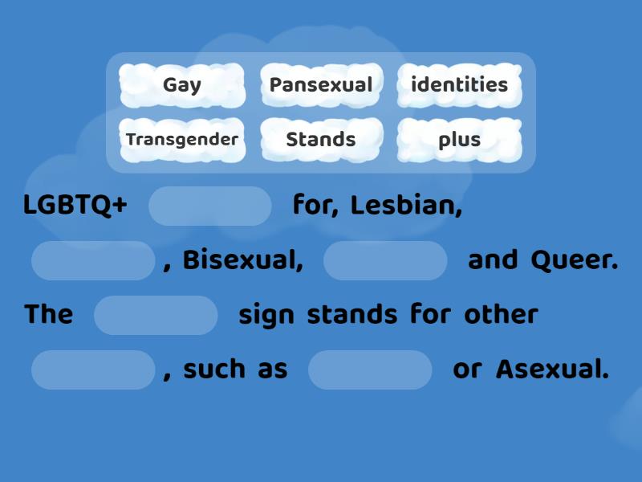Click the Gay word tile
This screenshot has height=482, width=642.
tap(182, 85)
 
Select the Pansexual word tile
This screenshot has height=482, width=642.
tap(321, 85)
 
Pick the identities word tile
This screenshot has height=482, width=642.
tap(459, 85)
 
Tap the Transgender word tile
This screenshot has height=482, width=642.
tap(182, 140)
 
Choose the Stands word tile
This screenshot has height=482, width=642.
tap(321, 140)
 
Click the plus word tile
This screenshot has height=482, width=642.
tap(459, 140)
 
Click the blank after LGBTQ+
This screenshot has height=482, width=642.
tap(210, 206)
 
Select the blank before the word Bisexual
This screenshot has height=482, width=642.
tap(93, 261)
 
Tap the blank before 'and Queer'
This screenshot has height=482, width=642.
tap(385, 261)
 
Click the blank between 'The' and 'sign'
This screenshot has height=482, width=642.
tap(156, 315)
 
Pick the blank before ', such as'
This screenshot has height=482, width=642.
tap(93, 370)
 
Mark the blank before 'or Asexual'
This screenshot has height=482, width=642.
tap(370, 370)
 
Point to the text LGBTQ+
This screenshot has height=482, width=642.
tap(75, 206)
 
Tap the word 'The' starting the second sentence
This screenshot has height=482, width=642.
tap(48, 315)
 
